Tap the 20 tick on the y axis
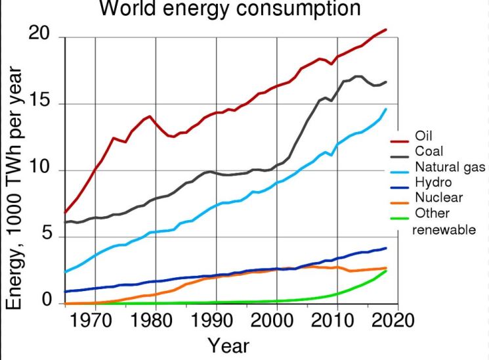point(41,34)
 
